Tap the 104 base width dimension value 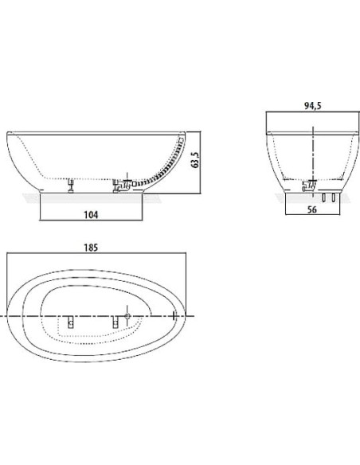90,215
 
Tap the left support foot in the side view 72,185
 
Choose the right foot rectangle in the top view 116,322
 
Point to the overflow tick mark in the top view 174,317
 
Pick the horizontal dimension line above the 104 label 90,221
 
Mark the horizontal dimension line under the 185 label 96,255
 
